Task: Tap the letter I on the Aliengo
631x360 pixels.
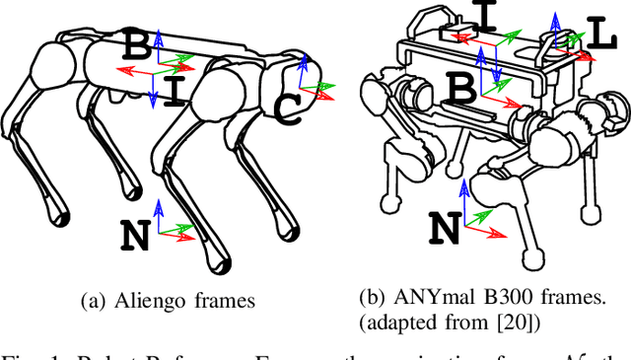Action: click(175, 92)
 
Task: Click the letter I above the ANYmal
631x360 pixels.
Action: click(485, 14)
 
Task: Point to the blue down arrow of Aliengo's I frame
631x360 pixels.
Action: click(153, 91)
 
